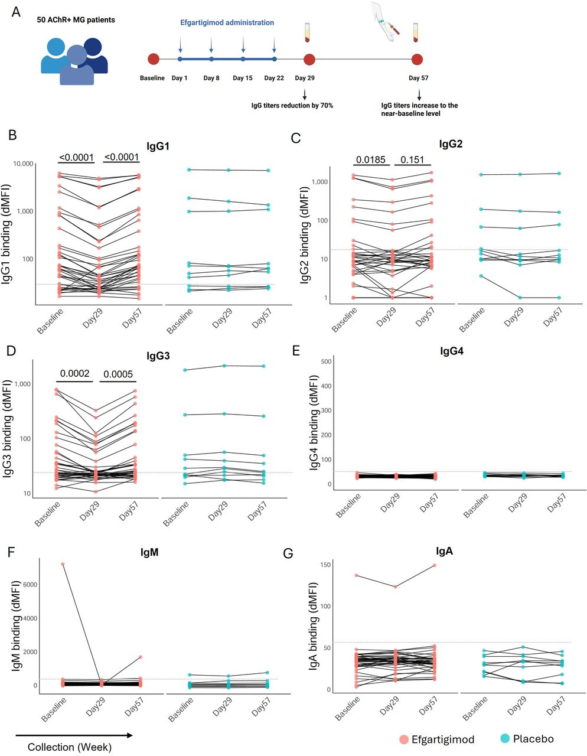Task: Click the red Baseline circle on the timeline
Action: pos(154,59)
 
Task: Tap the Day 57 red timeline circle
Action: pos(417,60)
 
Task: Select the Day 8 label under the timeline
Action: pos(211,78)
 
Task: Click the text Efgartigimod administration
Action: pos(227,22)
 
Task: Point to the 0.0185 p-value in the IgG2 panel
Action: pos(371,159)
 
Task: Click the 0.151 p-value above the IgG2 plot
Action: pos(412,159)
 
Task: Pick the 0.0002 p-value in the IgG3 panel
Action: pos(75,373)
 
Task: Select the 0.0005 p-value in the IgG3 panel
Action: pos(118,374)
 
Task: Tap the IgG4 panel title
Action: pos(451,351)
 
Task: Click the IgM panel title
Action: pos(149,552)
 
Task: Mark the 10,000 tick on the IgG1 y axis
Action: pos(23,164)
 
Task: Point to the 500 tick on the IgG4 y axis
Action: pos(327,361)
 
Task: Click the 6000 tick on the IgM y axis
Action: pos(30,585)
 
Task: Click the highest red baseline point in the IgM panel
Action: pos(63,564)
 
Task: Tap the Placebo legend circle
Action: pos(504,738)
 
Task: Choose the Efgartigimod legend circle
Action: pos(404,739)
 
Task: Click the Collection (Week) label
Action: pos(70,747)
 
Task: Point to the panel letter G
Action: pos(288,553)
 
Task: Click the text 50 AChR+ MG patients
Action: pos(76,20)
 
